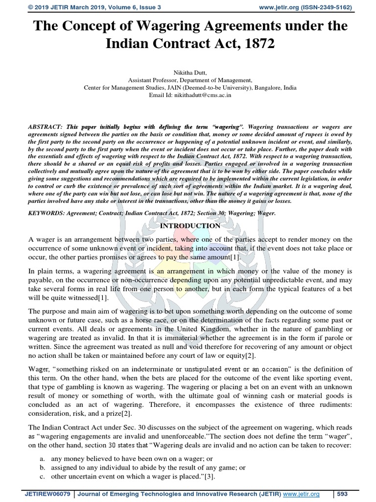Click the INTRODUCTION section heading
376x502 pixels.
coord(190,226)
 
